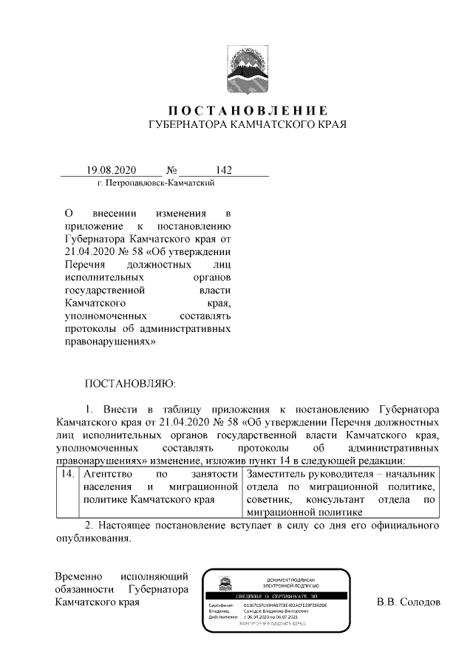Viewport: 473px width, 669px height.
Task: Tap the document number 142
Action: (x=223, y=171)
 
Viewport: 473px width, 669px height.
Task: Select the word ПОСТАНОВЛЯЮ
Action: (x=130, y=384)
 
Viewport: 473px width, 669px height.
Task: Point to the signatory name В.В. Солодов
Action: (x=409, y=602)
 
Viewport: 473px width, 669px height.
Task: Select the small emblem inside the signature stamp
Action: (x=222, y=583)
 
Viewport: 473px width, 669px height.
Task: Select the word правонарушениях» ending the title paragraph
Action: (x=112, y=343)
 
